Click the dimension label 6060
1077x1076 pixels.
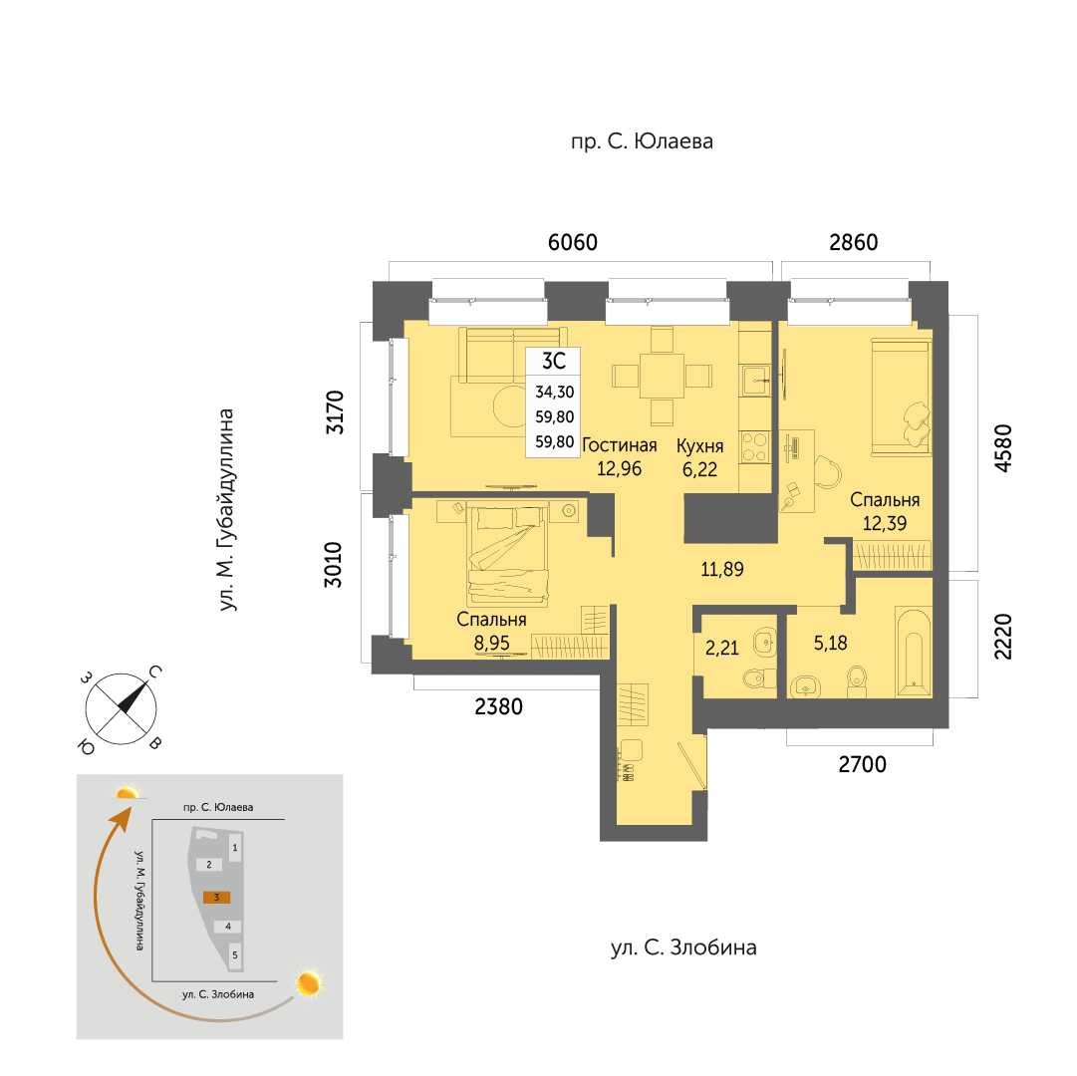[572, 242]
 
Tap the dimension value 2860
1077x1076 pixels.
[853, 242]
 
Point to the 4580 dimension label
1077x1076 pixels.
[1003, 447]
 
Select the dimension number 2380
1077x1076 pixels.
[499, 706]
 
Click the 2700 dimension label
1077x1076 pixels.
[862, 763]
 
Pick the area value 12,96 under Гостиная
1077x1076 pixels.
[619, 469]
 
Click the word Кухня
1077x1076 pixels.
[700, 446]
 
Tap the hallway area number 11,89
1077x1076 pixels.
[722, 569]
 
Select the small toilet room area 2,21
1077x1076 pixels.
[722, 648]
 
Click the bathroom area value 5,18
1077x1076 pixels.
[831, 644]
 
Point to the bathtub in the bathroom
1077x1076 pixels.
[914, 653]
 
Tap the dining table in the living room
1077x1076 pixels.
[662, 376]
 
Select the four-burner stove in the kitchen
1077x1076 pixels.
[755, 447]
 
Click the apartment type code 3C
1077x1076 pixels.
[554, 361]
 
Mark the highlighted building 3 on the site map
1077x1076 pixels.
[216, 897]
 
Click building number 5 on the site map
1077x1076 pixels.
[235, 955]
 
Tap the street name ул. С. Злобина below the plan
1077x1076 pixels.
[683, 947]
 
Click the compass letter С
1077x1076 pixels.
[155, 672]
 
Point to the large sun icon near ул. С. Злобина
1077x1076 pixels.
[309, 984]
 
